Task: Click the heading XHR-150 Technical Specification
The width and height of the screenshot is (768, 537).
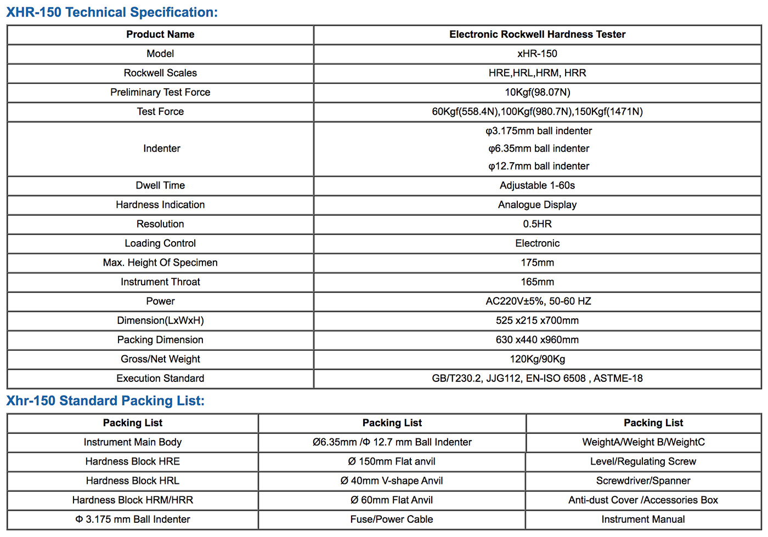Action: [x=112, y=12]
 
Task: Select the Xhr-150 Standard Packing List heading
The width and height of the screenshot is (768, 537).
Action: [x=105, y=401]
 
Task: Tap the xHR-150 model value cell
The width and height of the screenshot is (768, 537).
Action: [x=537, y=54]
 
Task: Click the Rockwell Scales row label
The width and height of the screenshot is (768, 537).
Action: [x=160, y=73]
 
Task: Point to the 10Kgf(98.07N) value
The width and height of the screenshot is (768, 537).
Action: [x=537, y=92]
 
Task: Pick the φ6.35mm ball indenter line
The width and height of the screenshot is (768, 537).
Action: [x=539, y=148]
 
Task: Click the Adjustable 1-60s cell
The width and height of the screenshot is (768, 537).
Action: [x=537, y=185]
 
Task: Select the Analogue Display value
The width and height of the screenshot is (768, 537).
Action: [x=537, y=204]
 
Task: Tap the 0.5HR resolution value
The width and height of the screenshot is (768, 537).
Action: [x=537, y=224]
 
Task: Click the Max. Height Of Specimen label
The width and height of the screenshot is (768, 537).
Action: [x=160, y=262]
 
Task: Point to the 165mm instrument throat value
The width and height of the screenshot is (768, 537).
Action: [x=537, y=282]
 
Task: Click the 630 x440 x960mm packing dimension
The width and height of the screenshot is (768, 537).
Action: [x=537, y=340]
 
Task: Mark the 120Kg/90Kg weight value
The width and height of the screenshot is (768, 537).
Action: [x=537, y=359]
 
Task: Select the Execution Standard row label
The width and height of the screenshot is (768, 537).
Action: [x=160, y=378]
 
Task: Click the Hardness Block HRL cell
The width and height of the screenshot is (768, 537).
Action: [x=133, y=481]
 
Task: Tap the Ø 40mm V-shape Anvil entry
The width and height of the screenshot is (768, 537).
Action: [x=392, y=481]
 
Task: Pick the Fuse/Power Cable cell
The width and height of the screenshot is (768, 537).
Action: [x=392, y=519]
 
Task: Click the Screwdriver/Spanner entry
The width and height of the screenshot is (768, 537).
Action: [x=643, y=481]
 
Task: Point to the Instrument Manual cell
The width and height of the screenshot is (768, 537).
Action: [x=643, y=519]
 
